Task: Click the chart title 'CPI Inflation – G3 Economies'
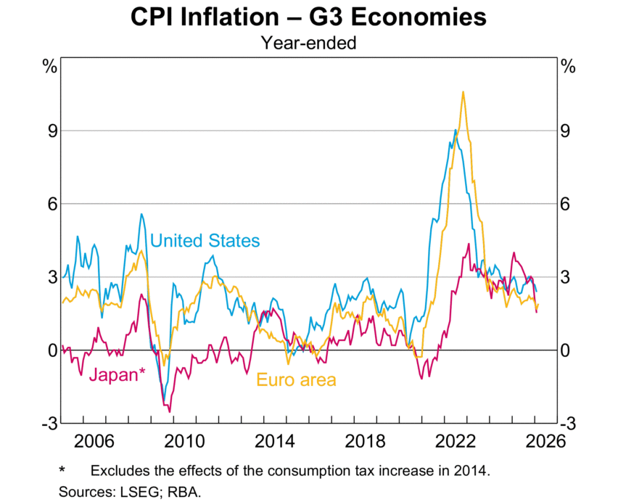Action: (309, 17)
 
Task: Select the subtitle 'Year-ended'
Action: (309, 43)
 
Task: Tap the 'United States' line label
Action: (205, 240)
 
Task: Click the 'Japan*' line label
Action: (117, 374)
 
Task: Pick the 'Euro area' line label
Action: (297, 379)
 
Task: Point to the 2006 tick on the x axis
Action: (95, 440)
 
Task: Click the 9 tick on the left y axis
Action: (52, 131)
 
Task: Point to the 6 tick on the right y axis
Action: (566, 205)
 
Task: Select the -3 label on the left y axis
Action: (49, 424)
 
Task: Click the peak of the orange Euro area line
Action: (463, 91)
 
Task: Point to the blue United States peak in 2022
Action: (455, 130)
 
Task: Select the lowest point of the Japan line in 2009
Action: (170, 411)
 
